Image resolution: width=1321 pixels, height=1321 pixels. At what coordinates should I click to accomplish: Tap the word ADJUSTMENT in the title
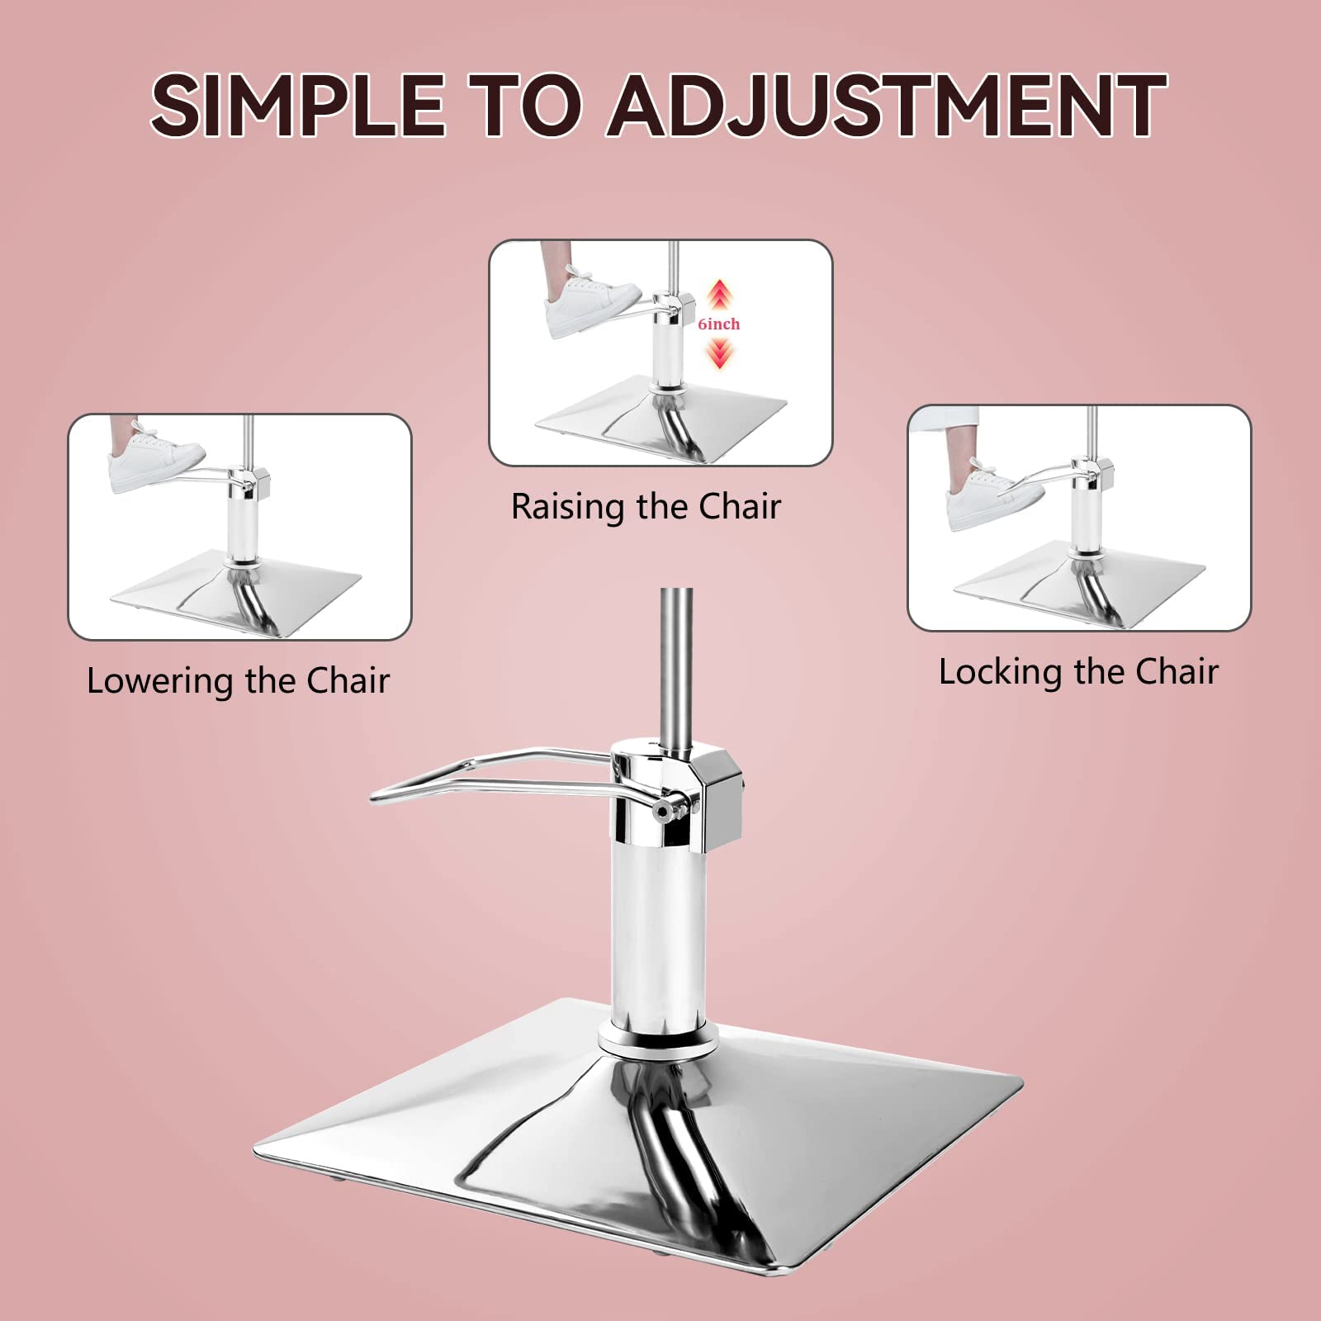coord(888,105)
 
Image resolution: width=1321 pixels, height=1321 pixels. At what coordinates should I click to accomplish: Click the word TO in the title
coord(527,105)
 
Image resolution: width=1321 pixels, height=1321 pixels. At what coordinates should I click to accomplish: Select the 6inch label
coord(719,324)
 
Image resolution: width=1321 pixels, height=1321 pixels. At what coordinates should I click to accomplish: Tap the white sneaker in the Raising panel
coord(590,305)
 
